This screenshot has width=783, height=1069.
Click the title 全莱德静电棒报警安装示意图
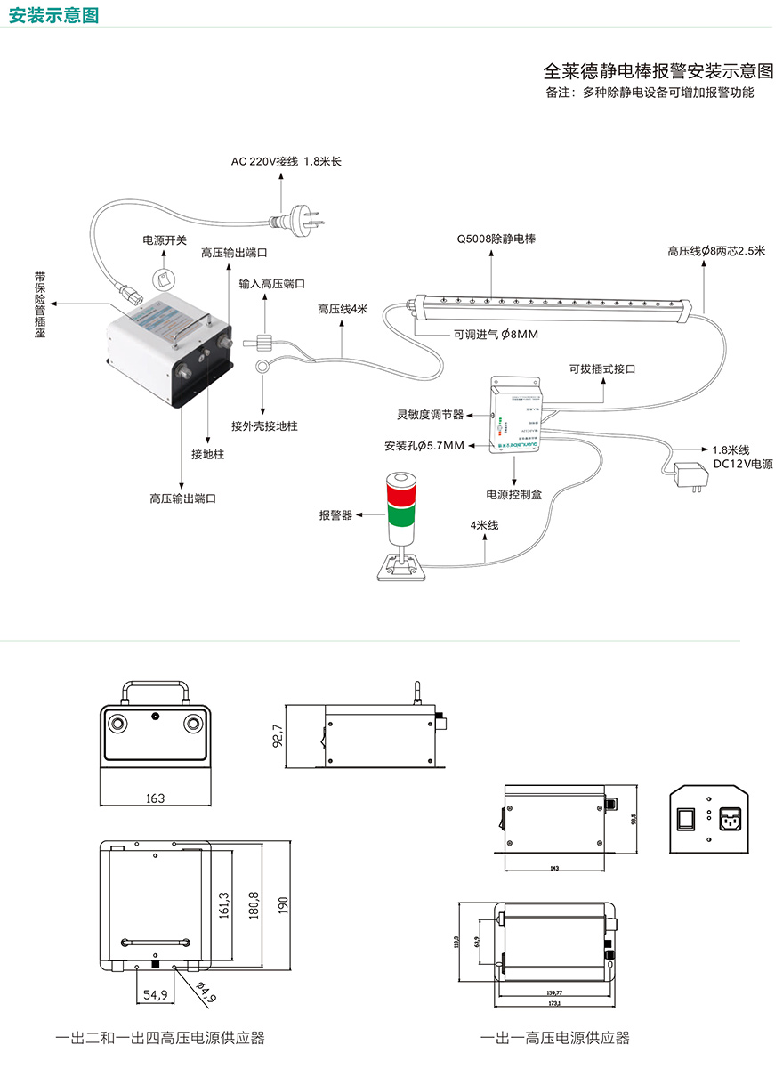(x=658, y=70)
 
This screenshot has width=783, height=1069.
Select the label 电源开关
(x=165, y=240)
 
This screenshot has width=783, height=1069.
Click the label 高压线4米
(x=343, y=309)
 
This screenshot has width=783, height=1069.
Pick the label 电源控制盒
(x=513, y=494)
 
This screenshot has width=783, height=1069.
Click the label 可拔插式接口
(x=603, y=368)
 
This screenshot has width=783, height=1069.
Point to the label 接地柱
(x=207, y=454)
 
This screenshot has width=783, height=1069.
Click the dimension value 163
(x=155, y=798)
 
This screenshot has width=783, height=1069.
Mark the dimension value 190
(x=285, y=904)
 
